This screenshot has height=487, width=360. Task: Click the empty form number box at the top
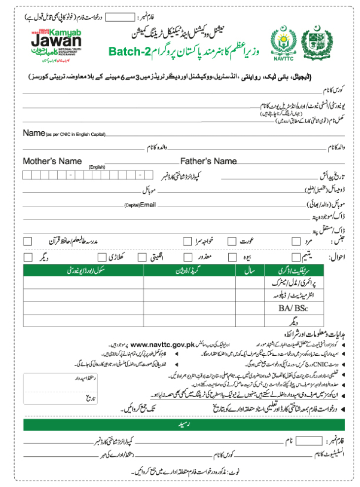tap(120, 17)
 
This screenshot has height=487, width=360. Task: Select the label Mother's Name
tap(52, 161)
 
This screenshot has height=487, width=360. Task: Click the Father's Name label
tap(208, 161)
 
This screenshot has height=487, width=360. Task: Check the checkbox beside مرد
tap(296, 241)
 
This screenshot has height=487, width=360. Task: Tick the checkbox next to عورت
tap(231, 241)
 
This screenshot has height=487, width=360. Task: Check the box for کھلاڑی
tap(102, 258)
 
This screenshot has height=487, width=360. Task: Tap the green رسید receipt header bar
tap(180, 424)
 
